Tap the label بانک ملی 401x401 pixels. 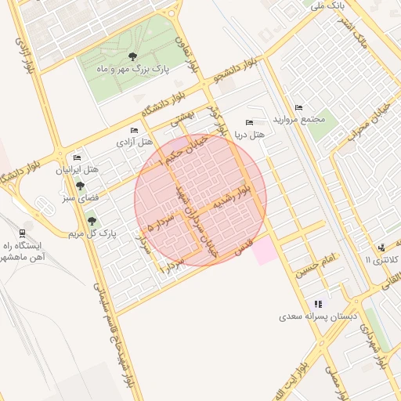(x=327, y=6)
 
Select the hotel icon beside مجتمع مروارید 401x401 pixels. (x=298, y=107)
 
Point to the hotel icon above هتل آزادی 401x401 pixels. (x=134, y=130)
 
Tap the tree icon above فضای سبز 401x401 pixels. (x=80, y=186)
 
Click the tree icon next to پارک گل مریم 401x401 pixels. (x=92, y=221)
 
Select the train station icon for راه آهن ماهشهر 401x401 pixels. (x=21, y=233)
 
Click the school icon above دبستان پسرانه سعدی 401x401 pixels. (x=317, y=304)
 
